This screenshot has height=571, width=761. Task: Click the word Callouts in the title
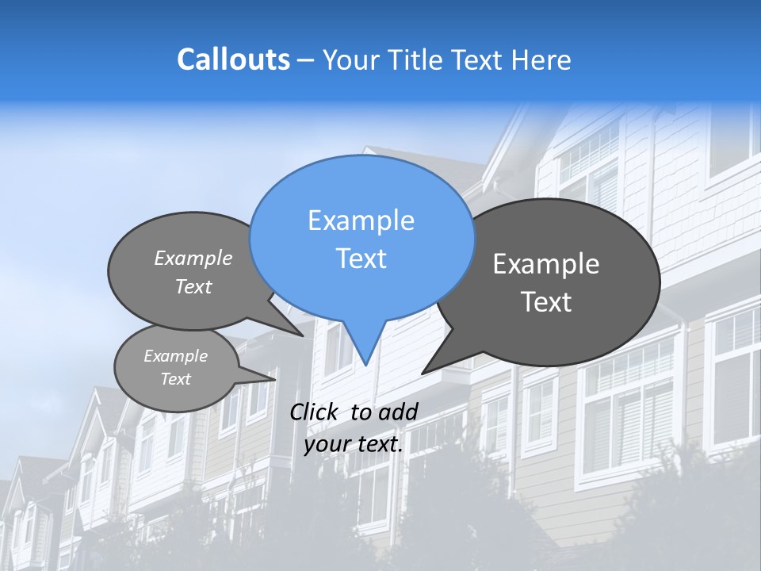click(233, 59)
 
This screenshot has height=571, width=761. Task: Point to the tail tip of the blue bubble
click(365, 364)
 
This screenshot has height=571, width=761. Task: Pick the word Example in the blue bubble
click(361, 220)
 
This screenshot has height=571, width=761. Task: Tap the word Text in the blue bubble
click(361, 259)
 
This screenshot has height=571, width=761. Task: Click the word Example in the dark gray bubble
click(546, 264)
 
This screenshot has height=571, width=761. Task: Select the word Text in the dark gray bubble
click(546, 302)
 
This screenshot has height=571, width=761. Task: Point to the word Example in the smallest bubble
click(175, 356)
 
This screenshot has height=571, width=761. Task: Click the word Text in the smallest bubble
click(175, 379)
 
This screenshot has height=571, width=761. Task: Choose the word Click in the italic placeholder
click(315, 412)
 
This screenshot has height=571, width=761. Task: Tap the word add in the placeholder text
click(398, 412)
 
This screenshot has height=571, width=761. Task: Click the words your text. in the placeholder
click(354, 444)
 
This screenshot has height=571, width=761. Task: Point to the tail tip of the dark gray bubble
click(423, 372)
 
